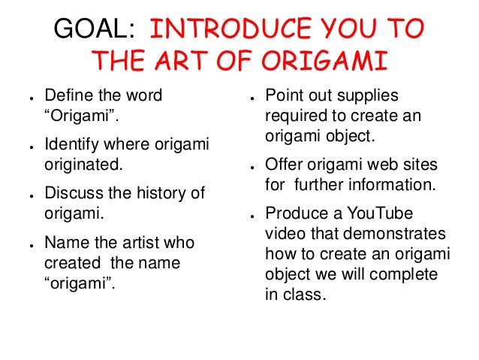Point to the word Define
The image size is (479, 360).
click(x=68, y=97)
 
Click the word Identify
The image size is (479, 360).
click(x=72, y=144)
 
